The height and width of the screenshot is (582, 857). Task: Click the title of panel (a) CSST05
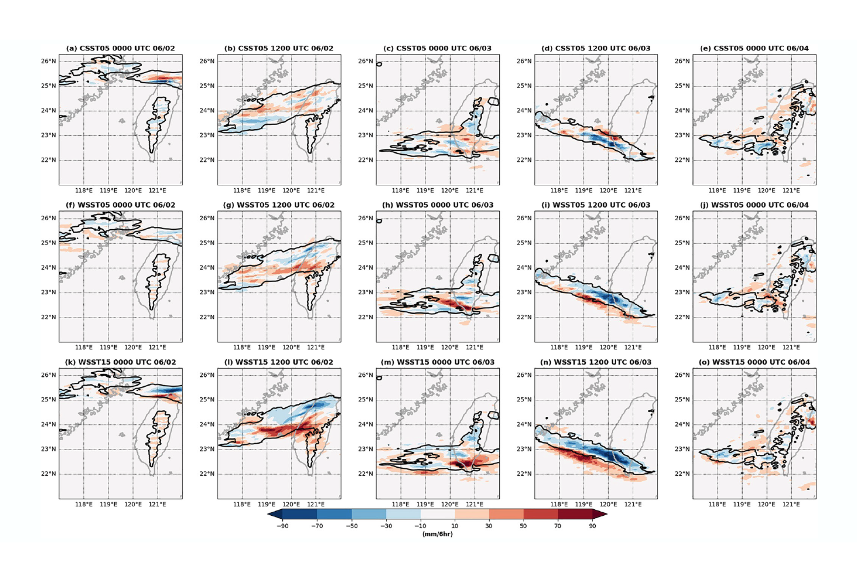[x=120, y=48]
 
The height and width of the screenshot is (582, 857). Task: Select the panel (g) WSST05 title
[x=279, y=205]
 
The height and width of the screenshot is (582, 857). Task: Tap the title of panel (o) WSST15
[x=754, y=362]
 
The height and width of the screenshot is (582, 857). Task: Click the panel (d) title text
[x=596, y=48]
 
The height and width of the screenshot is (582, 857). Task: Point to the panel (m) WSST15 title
[x=437, y=362]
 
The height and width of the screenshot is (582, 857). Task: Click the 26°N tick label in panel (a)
[x=48, y=61]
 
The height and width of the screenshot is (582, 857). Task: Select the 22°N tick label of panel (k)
[x=48, y=474]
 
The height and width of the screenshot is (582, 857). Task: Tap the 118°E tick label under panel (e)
[x=717, y=190]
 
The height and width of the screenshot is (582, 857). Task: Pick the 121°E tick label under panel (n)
[x=633, y=504]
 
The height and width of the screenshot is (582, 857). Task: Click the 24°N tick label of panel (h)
[x=365, y=268]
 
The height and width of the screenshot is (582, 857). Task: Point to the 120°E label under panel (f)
[x=133, y=347]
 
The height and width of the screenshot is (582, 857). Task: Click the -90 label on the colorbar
[x=282, y=526]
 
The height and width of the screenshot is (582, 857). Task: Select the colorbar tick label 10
[x=455, y=526]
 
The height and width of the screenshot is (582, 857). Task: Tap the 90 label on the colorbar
[x=592, y=526]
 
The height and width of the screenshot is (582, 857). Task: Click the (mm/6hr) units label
[x=437, y=534]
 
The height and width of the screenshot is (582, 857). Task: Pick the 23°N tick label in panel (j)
[x=682, y=292]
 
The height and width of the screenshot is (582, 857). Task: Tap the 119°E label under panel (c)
[x=425, y=190]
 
